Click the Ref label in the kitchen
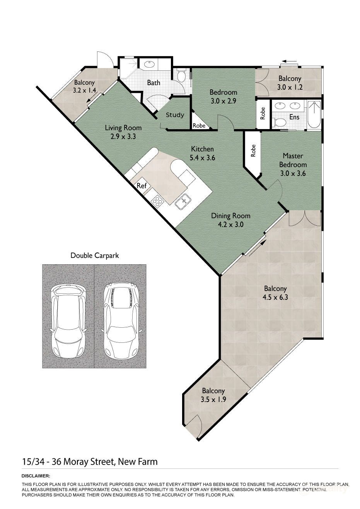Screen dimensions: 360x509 tap(142, 186)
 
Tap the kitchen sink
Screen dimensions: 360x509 tap(183, 200)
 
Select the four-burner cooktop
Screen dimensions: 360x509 tap(157, 201)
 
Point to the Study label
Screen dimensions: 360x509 tap(175, 115)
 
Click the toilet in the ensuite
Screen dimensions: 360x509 tap(279, 123)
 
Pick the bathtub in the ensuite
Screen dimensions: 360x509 tap(314, 115)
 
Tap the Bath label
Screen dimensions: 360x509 tap(154, 82)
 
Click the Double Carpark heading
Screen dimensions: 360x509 tap(95, 255)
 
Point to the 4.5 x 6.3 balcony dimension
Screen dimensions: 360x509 tap(275, 297)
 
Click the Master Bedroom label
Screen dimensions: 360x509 tap(293, 160)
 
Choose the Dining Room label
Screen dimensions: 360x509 tap(230, 216)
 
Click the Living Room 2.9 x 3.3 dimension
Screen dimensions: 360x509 tap(123, 136)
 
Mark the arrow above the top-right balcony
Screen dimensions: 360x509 tap(289, 61)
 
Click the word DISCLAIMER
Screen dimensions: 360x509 tap(36, 476)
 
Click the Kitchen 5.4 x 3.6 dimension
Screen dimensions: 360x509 tap(202, 157)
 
